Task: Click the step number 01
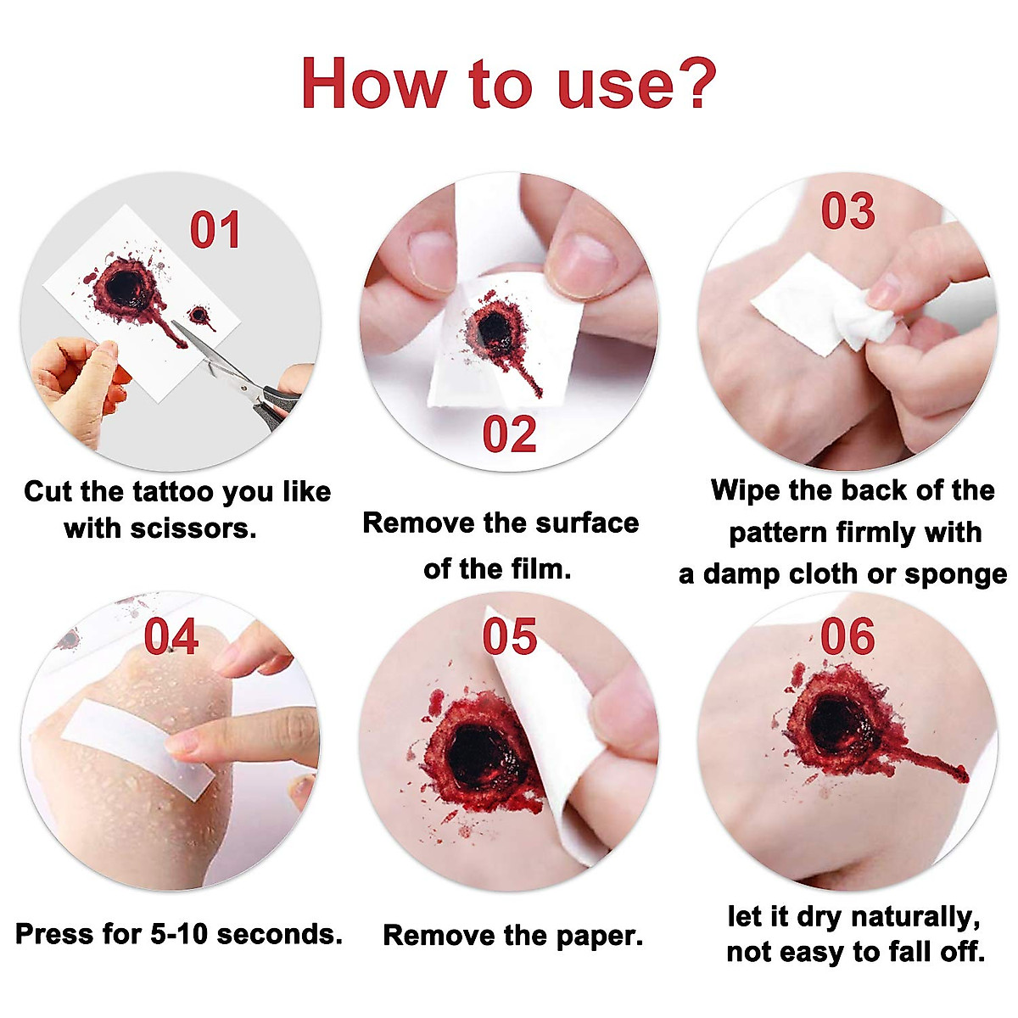coord(215,231)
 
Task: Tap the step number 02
coord(509,435)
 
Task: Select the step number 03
coord(847,211)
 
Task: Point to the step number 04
coord(171,638)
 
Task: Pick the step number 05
coord(510,637)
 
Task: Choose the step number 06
coord(847,637)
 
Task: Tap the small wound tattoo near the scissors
coord(199,316)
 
